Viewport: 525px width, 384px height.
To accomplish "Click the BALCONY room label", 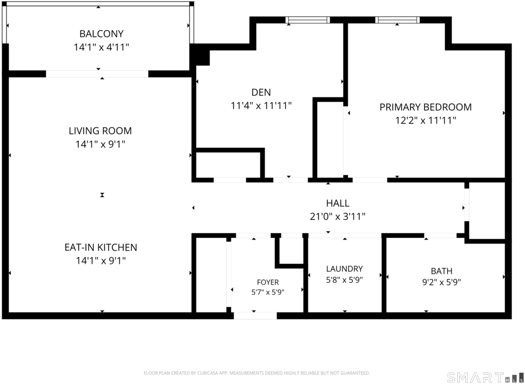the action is [102, 34].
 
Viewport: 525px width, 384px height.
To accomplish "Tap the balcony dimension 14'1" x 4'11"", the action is [102, 47].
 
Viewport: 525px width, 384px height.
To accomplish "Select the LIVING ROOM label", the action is [100, 131].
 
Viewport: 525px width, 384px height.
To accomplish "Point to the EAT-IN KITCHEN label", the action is [101, 248].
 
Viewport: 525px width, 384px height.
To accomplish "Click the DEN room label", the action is [261, 92].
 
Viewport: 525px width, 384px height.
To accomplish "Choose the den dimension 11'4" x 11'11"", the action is [261, 106].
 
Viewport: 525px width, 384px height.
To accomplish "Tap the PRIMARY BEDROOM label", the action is [426, 107].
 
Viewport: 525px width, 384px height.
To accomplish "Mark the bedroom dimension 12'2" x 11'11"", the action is [426, 120].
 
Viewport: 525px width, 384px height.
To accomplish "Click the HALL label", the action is [338, 203].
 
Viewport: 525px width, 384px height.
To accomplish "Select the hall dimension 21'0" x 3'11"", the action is [337, 216].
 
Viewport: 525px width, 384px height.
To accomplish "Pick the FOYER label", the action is [268, 282].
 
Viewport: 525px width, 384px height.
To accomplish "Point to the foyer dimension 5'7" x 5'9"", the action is [268, 292].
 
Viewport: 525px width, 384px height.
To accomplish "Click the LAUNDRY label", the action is [345, 269].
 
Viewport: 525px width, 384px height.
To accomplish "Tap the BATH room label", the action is [441, 271].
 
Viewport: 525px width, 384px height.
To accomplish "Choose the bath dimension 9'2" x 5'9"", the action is [441, 282].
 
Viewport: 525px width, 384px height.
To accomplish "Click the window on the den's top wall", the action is [308, 20].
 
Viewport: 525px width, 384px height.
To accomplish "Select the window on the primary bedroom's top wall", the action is [397, 20].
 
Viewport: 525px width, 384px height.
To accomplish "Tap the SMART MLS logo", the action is [485, 377].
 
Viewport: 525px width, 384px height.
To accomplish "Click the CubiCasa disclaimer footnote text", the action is [257, 373].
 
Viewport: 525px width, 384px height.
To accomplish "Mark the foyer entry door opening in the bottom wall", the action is [255, 315].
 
